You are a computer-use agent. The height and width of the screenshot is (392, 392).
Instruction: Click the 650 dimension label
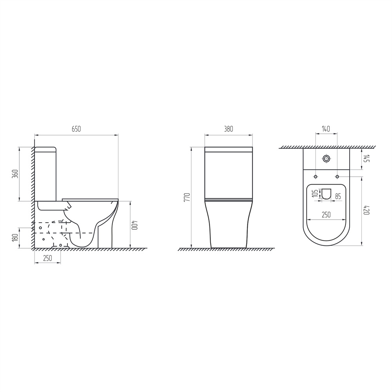[x=76, y=129]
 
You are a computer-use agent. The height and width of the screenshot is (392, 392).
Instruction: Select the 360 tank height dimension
[x=15, y=174]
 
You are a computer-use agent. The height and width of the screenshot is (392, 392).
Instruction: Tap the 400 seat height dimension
[x=135, y=225]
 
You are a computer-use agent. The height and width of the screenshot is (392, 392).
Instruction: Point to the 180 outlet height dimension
[x=15, y=238]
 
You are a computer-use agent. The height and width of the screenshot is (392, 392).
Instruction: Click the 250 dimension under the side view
[x=47, y=258]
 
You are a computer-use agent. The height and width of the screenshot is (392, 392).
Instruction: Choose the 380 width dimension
[x=229, y=129]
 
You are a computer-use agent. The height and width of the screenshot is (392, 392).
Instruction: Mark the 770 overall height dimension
[x=187, y=197]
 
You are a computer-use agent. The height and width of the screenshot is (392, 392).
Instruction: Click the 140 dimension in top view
[x=326, y=129]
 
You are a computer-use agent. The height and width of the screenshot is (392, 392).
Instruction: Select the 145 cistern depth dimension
[x=367, y=158]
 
